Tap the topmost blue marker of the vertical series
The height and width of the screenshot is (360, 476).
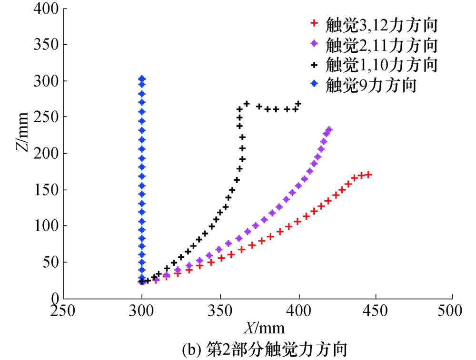142,78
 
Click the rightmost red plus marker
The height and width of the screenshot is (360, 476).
368,175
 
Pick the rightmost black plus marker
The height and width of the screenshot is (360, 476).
298,104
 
